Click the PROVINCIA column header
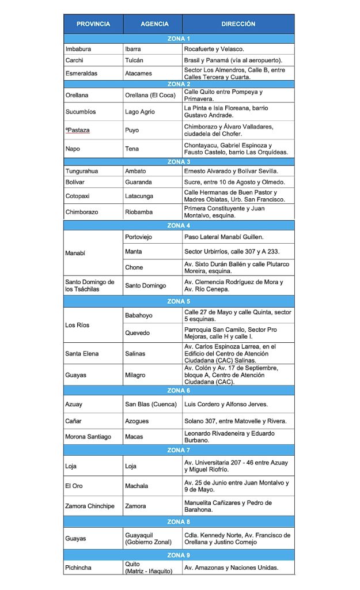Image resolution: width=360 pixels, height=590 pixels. point(93,24)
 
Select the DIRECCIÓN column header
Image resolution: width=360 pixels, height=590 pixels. point(238,24)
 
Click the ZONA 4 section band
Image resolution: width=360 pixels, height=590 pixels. point(179,225)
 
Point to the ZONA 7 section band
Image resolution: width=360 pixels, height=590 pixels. point(179,450)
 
